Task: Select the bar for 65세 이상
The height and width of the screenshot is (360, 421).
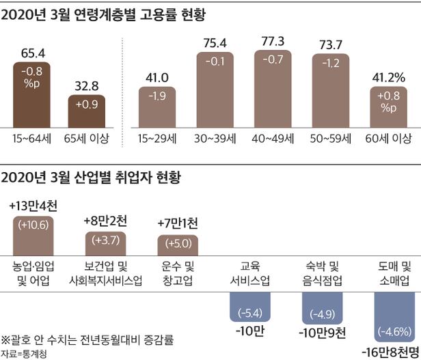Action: tap(86, 111)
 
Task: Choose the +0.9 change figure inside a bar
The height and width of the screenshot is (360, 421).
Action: tap(86, 105)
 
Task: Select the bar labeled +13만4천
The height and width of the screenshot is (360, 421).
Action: tap(33, 234)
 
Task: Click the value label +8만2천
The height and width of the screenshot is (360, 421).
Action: tap(106, 221)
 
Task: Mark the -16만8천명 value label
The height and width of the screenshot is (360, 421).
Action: tap(389, 351)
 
